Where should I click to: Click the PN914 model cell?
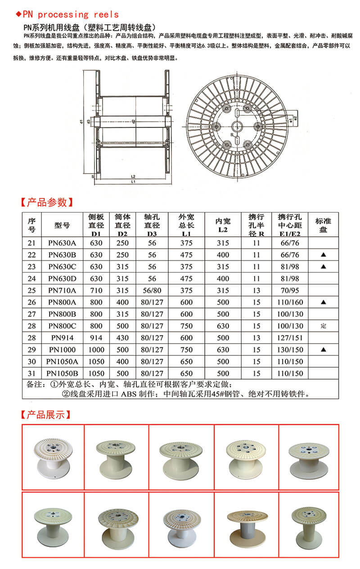coord(63,337)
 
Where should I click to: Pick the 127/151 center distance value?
coord(288,337)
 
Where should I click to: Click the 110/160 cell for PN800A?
coord(288,302)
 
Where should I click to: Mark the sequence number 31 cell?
coord(31,373)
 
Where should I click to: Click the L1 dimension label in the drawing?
coord(133,182)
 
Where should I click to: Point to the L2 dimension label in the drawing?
coord(133,176)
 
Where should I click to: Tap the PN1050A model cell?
coord(63,361)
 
